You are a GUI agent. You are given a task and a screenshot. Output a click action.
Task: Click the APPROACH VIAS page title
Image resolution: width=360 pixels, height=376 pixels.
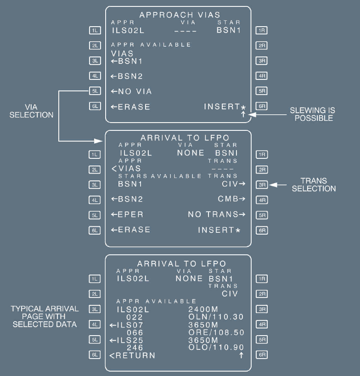pyautogui.click(x=180, y=15)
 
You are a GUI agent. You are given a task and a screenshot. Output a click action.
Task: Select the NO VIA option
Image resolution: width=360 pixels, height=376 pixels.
pyautogui.click(x=131, y=91)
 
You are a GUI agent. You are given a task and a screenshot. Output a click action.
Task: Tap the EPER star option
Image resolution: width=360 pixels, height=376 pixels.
pyautogui.click(x=127, y=214)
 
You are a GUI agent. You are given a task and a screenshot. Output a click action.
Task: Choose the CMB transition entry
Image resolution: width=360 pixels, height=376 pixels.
pyautogui.click(x=229, y=199)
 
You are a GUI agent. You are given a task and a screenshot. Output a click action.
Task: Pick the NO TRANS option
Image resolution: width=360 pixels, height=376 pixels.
pyautogui.click(x=214, y=214)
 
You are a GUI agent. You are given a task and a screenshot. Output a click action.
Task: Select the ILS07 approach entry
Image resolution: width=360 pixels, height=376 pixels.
pyautogui.click(x=130, y=325)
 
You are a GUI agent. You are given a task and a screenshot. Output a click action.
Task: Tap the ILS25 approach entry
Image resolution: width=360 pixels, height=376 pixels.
pyautogui.click(x=130, y=340)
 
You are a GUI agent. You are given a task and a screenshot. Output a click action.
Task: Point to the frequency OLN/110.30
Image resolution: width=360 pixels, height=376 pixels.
pyautogui.click(x=216, y=317)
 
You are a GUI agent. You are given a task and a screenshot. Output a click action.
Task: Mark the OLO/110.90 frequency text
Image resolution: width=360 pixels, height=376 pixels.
pyautogui.click(x=216, y=348)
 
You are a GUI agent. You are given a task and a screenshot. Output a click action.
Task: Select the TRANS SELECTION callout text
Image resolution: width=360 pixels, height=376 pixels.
pyautogui.click(x=314, y=185)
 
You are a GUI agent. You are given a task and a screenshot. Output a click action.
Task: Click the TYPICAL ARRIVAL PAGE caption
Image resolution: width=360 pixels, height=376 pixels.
pyautogui.click(x=45, y=316)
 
